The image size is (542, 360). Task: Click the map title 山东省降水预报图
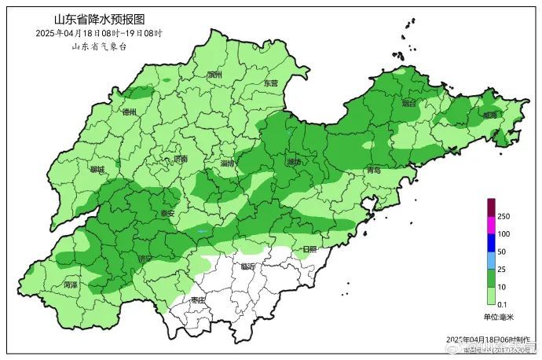pos(99,19)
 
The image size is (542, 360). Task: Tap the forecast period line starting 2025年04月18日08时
pos(99,33)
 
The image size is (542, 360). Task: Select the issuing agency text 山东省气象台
pos(99,46)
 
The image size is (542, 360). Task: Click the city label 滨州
pos(215,75)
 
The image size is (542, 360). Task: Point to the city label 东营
pos(270,83)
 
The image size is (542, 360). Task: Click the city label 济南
pos(181,159)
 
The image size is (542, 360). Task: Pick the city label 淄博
pos(229,163)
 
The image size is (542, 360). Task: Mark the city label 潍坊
pos(295,163)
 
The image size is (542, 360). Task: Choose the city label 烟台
pos(408,103)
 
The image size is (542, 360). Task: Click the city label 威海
pos(490,115)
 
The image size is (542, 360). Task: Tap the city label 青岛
pos(373,170)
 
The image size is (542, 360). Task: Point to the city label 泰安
pos(167,212)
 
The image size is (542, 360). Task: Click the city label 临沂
pos(250,267)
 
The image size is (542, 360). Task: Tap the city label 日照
pos(309,249)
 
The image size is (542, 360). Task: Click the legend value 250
pos(504,216)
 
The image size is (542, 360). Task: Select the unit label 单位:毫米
pos(498,317)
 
